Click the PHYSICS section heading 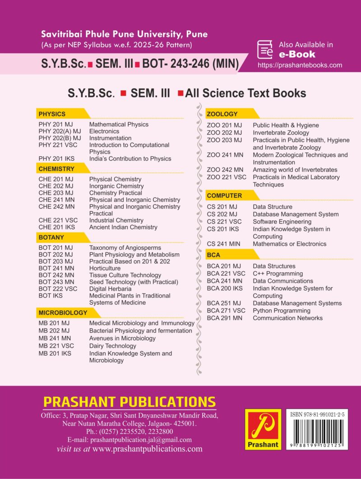52,114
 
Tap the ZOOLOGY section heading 222,114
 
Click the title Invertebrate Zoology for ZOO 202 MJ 281,133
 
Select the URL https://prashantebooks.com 300,65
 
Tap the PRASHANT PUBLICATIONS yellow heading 130,402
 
